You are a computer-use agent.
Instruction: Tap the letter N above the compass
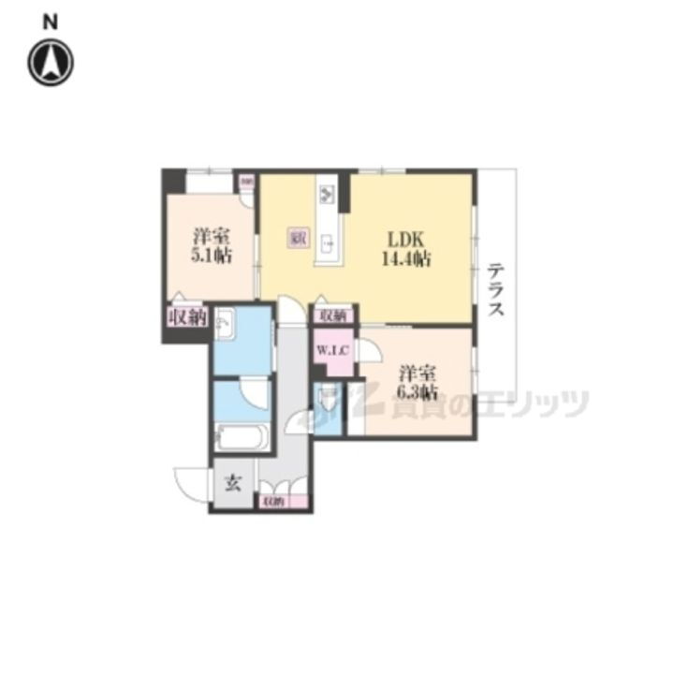click(51, 21)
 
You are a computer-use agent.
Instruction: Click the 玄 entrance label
click(232, 485)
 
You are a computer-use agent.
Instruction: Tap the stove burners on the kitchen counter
click(328, 195)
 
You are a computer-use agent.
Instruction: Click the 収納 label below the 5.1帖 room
click(185, 316)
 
